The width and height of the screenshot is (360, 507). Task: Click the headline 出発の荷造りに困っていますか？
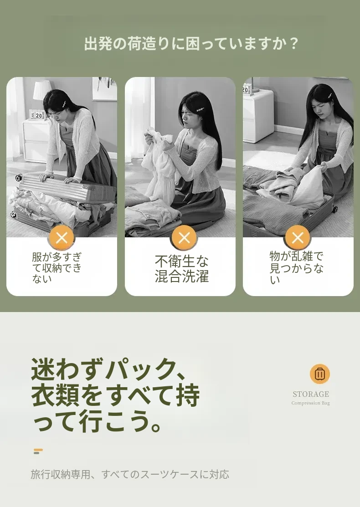tap(191, 44)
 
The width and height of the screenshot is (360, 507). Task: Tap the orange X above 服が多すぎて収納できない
tap(62, 238)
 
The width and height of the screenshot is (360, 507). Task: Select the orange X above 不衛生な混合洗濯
tap(184, 238)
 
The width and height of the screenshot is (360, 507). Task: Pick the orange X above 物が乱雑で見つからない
tap(298, 238)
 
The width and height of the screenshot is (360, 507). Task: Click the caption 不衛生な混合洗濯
tap(182, 268)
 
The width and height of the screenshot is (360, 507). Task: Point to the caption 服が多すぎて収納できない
tap(57, 268)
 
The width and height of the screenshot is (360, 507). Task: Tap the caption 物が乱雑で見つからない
tap(296, 267)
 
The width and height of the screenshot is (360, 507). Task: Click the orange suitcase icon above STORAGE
tap(319, 374)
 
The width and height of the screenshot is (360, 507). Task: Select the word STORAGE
tap(310, 394)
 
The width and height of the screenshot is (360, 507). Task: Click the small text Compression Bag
tap(310, 403)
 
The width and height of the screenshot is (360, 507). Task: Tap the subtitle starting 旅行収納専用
tap(130, 474)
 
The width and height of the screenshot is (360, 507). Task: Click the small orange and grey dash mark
tap(38, 451)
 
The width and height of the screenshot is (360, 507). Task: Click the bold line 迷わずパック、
tap(108, 369)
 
